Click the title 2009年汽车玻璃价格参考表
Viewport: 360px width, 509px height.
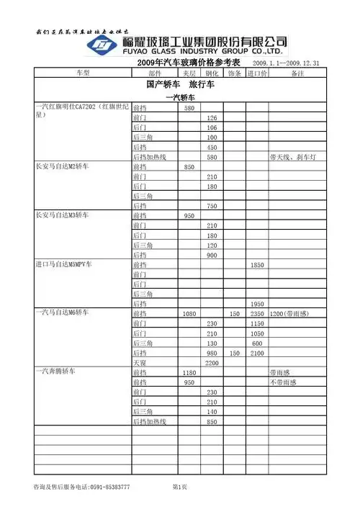tap(188, 63)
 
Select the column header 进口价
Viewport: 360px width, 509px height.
tap(258, 73)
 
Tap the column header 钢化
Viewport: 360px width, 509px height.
tap(212, 73)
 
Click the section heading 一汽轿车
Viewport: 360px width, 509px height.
tap(181, 97)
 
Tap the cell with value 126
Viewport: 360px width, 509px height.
tap(212, 117)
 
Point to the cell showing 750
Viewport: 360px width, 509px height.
tap(212, 206)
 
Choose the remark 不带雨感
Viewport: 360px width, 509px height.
tap(283, 382)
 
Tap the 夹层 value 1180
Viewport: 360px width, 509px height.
tap(189, 373)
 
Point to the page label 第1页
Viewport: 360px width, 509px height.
tap(180, 488)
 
